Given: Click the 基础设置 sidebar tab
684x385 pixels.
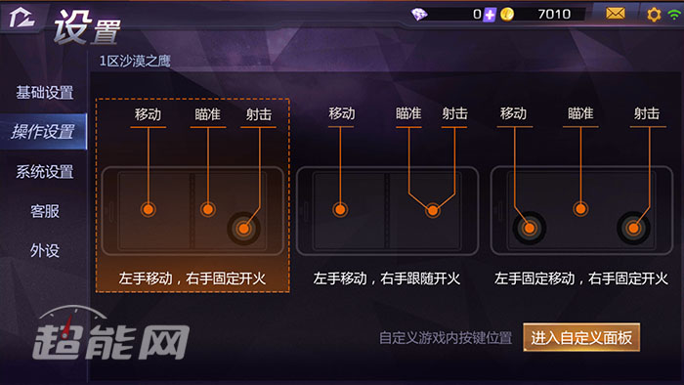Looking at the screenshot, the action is tap(44, 93).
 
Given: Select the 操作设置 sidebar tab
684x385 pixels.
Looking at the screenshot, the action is tap(43, 132).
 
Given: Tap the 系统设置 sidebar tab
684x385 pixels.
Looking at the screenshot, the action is tap(44, 172).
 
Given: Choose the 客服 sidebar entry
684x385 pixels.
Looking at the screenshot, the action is tap(44, 211).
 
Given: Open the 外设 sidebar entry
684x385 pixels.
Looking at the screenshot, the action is tap(44, 250).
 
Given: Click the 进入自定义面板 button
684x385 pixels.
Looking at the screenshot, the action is tap(581, 338).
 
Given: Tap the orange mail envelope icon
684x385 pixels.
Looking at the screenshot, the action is tap(616, 14).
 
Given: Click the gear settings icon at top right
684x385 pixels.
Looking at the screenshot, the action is tap(655, 14).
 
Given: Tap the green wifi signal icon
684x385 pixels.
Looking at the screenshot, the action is tap(673, 14).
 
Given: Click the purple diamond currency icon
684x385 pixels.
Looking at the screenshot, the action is tap(419, 14).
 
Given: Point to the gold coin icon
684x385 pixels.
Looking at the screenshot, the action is tap(507, 14).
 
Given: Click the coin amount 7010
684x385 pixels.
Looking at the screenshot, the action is tap(554, 14).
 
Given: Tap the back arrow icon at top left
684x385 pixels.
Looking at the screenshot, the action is tap(21, 21).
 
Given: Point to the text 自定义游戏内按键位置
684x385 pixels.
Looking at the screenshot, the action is tap(445, 338).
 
